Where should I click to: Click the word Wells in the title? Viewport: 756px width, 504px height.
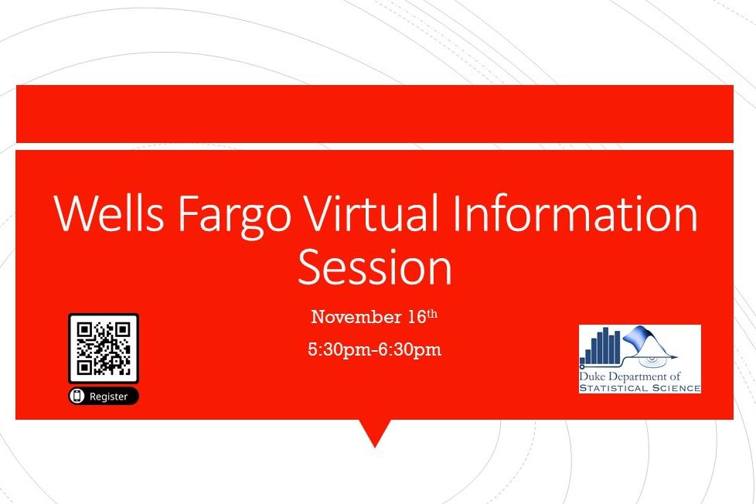tap(109, 213)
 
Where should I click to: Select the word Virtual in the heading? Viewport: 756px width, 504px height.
tap(372, 213)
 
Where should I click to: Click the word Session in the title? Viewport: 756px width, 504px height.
tap(375, 267)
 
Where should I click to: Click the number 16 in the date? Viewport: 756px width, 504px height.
tap(417, 317)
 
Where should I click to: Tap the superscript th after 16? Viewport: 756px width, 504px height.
tap(432, 314)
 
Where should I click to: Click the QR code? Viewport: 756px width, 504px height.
tap(104, 348)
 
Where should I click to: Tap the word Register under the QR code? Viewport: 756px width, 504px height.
tap(108, 397)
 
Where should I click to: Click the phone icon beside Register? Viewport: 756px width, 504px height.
tap(77, 396)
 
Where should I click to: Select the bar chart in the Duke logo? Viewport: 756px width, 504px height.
tap(601, 346)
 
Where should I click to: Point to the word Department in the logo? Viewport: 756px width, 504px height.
tap(636, 376)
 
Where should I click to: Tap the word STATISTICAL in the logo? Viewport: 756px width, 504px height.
tap(613, 388)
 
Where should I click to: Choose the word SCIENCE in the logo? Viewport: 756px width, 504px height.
tap(676, 388)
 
